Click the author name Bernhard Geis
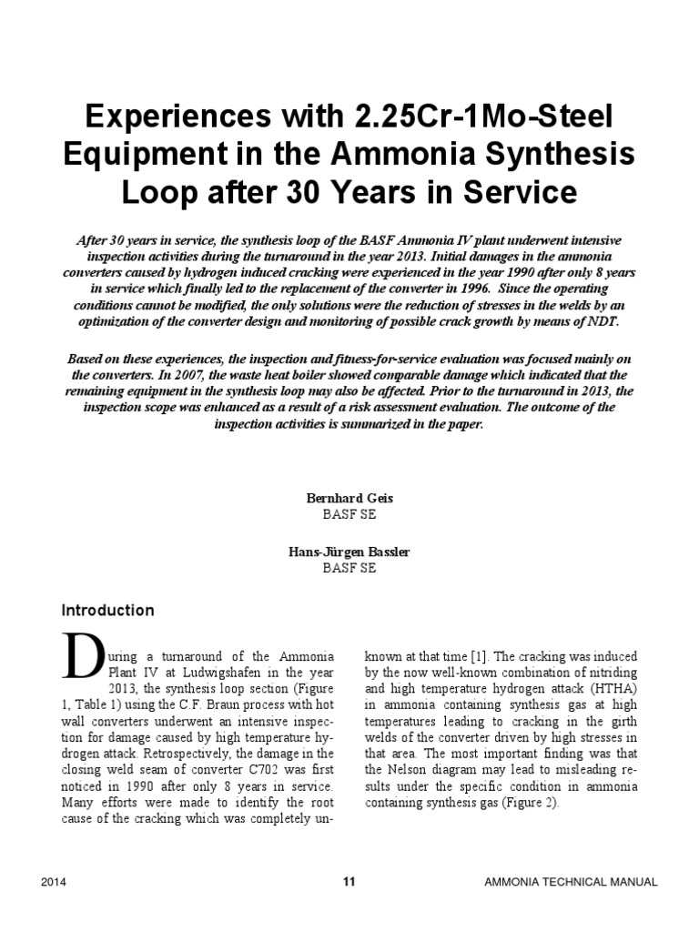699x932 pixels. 349,499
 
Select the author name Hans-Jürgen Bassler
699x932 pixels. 349,552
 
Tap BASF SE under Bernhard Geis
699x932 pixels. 349,514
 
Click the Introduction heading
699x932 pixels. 107,610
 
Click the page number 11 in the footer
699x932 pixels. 349,880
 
